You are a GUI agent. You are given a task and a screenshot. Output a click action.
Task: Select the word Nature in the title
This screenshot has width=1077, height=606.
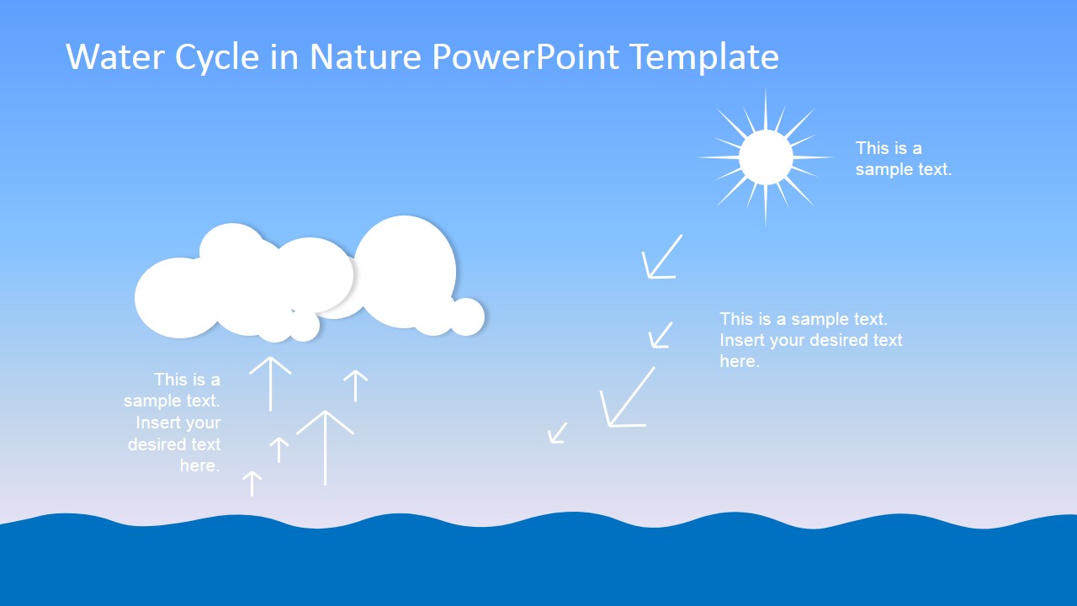(x=365, y=57)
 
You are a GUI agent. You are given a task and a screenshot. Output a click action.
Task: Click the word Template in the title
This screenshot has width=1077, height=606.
(x=704, y=57)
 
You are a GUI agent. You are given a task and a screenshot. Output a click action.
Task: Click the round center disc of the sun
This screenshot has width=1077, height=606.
(x=766, y=157)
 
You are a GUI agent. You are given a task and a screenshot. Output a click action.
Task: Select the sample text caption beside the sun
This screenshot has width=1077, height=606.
(x=903, y=158)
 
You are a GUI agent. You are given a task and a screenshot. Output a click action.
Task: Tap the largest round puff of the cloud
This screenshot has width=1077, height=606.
(x=405, y=271)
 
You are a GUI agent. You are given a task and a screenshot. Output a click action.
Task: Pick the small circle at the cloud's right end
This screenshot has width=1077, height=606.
(x=467, y=316)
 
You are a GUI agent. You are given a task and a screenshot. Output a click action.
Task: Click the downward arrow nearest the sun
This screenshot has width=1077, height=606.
(x=661, y=258)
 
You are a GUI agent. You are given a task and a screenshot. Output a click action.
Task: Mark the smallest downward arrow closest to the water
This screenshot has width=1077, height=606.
(x=557, y=433)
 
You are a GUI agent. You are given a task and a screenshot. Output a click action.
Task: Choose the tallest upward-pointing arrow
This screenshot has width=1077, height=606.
(x=325, y=447)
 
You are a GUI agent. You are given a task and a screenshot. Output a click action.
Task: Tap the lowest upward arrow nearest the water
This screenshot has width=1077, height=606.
(x=252, y=483)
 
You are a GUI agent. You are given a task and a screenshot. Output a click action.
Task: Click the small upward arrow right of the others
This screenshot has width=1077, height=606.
(x=356, y=385)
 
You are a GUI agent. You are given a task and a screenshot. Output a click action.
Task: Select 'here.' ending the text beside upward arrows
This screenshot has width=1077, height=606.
(x=199, y=465)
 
